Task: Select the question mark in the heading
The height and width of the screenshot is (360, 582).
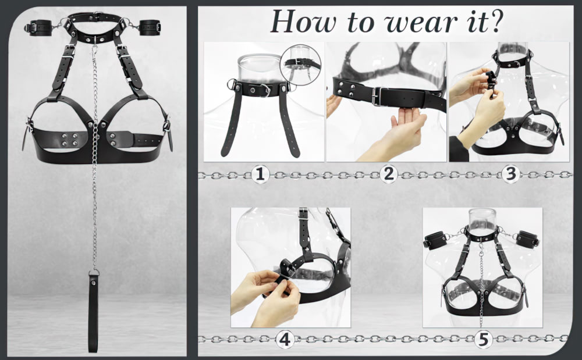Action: click(x=494, y=21)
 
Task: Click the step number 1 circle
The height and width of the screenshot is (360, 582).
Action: click(x=260, y=174)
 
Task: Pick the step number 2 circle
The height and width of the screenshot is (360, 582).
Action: click(x=388, y=174)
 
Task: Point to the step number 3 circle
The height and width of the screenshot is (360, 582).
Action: click(x=511, y=174)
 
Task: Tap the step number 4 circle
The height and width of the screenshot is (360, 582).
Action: click(x=285, y=339)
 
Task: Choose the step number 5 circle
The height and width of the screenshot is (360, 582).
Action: click(x=484, y=339)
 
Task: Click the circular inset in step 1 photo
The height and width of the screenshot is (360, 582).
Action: click(x=300, y=65)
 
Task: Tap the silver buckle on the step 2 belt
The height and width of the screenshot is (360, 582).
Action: click(x=378, y=97)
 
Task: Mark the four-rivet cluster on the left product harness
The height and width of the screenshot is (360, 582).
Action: click(x=69, y=140)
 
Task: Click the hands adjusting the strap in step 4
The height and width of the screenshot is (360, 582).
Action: click(x=265, y=295)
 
